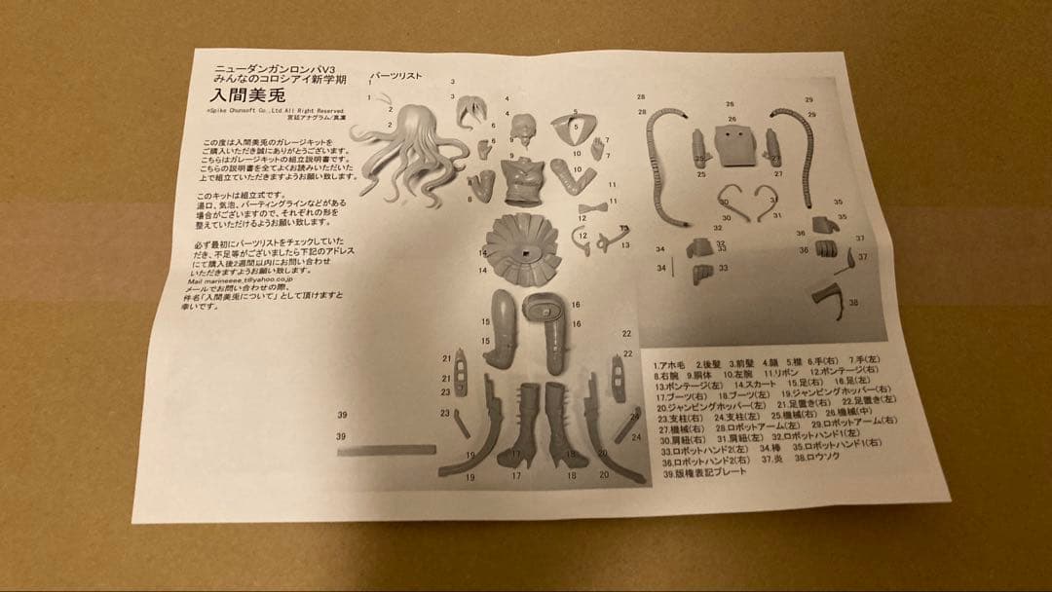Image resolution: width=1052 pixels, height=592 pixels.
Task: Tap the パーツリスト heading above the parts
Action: [394, 77]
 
